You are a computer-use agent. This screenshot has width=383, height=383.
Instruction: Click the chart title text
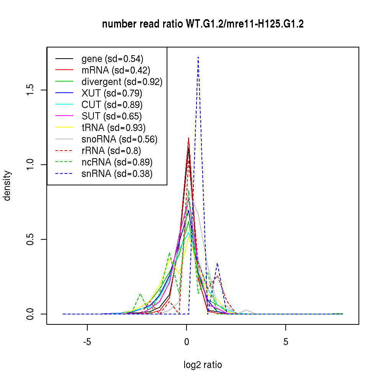click(203, 24)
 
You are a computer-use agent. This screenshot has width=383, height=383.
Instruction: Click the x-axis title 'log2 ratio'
click(203, 365)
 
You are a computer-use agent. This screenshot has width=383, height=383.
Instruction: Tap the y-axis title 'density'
click(7, 186)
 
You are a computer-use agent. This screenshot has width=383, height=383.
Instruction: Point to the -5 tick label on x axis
click(87, 342)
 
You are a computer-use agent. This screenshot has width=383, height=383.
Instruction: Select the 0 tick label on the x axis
click(187, 342)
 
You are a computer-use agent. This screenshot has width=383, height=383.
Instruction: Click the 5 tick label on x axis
click(286, 342)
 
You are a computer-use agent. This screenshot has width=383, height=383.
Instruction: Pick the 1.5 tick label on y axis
click(32, 90)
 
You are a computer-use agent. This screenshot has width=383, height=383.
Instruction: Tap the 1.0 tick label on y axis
click(32, 165)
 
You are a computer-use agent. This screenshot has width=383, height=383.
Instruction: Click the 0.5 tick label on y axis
click(32, 239)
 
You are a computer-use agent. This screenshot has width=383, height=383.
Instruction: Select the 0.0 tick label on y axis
click(32, 314)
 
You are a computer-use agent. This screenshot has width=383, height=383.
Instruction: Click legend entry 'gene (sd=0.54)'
click(112, 59)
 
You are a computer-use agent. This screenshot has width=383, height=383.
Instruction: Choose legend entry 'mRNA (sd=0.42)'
click(116, 70)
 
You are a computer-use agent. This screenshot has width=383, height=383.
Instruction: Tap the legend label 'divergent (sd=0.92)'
click(122, 82)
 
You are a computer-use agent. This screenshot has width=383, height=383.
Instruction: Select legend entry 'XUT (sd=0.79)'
click(112, 93)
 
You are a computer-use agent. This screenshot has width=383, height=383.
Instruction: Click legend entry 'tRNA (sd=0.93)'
click(113, 128)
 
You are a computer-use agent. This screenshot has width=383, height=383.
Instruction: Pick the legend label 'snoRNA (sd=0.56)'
click(119, 139)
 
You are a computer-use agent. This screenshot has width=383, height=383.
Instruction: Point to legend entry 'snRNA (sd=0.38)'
click(117, 174)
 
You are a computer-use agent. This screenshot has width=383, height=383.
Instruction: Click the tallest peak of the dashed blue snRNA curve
click(198, 57)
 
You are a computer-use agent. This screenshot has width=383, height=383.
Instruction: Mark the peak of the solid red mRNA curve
click(188, 138)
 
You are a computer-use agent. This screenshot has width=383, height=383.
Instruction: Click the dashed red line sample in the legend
click(64, 151)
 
